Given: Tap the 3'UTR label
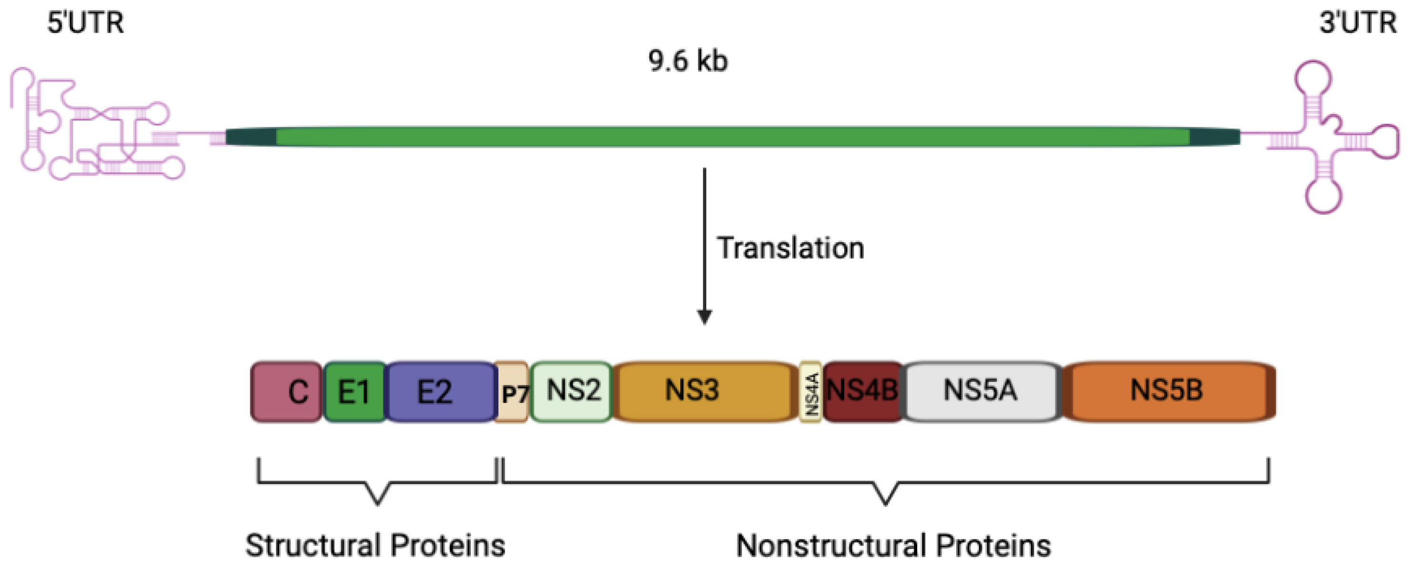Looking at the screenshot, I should [x=1358, y=23].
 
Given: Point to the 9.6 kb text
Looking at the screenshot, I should [x=688, y=61].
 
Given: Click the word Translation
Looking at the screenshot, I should [x=790, y=248].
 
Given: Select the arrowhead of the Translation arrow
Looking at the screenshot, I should [x=704, y=317].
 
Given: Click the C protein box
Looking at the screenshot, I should [x=286, y=392].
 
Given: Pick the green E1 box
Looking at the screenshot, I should [x=354, y=392].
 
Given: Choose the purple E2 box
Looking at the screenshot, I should [x=440, y=392].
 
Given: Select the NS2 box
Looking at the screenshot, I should [x=571, y=391].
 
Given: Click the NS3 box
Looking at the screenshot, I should [x=703, y=391].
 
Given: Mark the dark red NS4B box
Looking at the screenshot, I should [x=862, y=391].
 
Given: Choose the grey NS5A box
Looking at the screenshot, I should [x=980, y=391].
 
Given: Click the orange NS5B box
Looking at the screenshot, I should [x=1167, y=391].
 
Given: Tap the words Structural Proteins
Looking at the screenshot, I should [x=375, y=545].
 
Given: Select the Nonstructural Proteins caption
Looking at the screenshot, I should [x=894, y=545].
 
